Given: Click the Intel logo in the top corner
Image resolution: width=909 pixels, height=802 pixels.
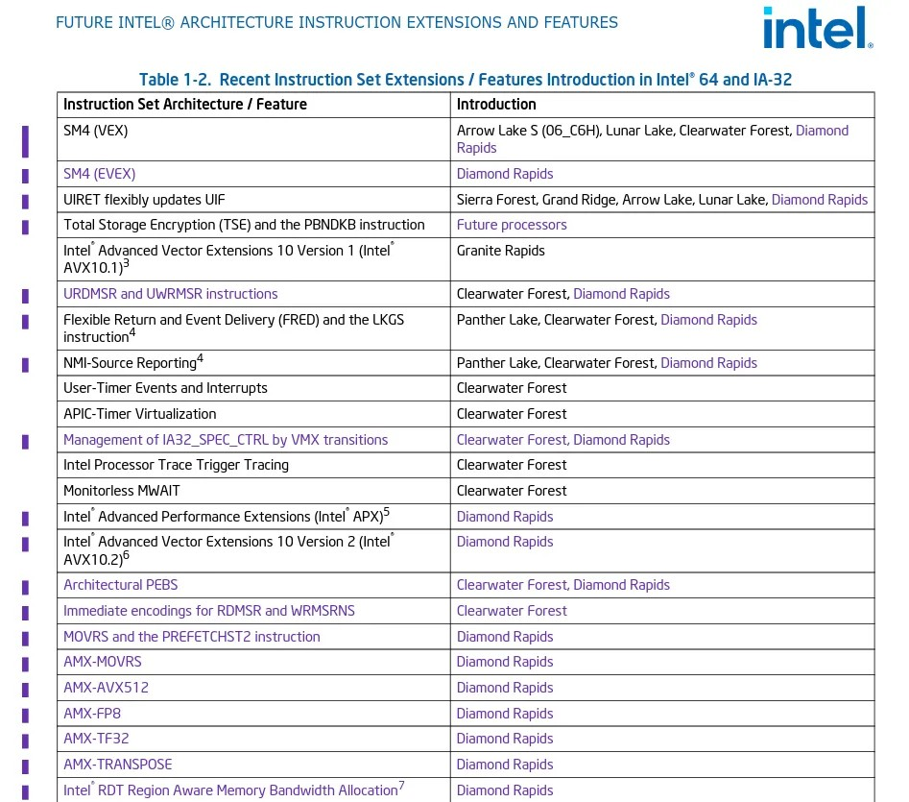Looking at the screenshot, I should click(817, 28).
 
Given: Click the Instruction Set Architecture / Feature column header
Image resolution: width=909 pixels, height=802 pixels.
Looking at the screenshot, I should click(185, 104).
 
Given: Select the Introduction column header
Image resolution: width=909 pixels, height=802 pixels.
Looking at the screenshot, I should click(496, 104).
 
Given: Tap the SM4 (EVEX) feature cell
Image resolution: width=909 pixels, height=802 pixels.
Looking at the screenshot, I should click(100, 174).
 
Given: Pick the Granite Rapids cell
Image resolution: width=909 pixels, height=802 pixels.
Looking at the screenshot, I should click(500, 251).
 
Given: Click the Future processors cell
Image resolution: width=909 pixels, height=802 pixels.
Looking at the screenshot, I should click(512, 225).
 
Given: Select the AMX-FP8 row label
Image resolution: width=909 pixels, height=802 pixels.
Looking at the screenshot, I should click(92, 714).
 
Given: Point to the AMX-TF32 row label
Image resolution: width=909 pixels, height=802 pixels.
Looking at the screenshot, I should click(96, 739).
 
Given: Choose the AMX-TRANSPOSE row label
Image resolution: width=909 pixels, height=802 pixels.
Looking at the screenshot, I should click(118, 765).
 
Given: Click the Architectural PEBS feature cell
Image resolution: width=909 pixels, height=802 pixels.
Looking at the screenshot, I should click(121, 585).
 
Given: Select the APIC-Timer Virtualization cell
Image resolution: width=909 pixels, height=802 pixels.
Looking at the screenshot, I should click(140, 414).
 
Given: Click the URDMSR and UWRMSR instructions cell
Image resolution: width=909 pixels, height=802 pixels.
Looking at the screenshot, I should click(171, 294).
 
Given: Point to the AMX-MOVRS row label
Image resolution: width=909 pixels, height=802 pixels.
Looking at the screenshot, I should click(103, 662).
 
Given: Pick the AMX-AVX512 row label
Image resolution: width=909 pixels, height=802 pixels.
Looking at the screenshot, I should click(107, 688).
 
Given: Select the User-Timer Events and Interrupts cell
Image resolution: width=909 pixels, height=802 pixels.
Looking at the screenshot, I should click(165, 388).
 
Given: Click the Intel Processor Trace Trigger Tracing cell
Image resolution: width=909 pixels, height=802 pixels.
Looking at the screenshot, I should click(176, 465).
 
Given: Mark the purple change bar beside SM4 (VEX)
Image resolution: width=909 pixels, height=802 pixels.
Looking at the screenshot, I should click(26, 140).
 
